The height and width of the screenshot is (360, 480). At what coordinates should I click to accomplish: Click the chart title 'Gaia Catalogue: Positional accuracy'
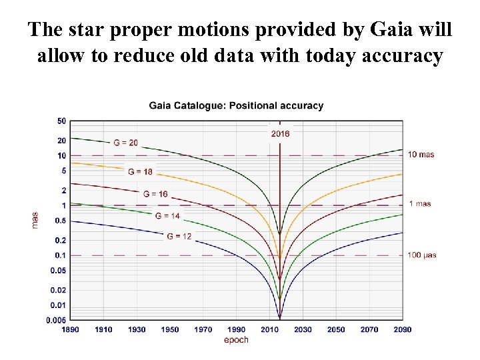click(x=236, y=105)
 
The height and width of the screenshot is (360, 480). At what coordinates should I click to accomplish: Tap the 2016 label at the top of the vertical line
click(x=280, y=133)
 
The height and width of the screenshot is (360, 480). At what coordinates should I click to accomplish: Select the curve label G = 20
click(x=126, y=143)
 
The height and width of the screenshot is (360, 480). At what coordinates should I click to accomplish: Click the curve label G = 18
click(x=140, y=171)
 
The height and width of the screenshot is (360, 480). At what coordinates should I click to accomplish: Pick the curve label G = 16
click(x=155, y=194)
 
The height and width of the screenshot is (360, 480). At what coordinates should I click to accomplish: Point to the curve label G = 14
click(x=167, y=215)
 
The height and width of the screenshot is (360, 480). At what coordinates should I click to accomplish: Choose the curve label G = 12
click(x=179, y=236)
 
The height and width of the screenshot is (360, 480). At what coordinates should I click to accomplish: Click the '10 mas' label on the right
click(x=421, y=155)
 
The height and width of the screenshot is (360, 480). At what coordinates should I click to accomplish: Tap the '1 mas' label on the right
click(x=420, y=204)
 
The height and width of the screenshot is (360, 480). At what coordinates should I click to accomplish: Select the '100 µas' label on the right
click(x=423, y=255)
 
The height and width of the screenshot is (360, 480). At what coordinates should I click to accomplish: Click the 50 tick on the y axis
click(x=61, y=121)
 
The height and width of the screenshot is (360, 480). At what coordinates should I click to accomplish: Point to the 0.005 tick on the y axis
click(x=56, y=321)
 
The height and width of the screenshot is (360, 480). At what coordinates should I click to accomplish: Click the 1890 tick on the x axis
click(x=70, y=329)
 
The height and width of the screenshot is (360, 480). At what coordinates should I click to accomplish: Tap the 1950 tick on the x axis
click(x=170, y=329)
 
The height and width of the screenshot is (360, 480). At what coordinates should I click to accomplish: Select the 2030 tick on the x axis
click(x=303, y=329)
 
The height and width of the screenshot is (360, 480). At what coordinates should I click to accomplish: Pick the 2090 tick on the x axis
click(x=402, y=329)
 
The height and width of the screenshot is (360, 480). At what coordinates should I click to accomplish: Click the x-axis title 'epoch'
click(x=236, y=340)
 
